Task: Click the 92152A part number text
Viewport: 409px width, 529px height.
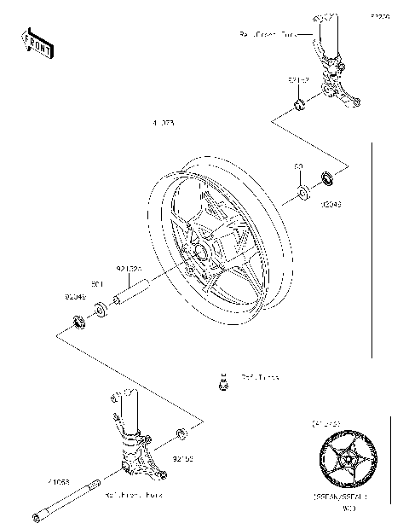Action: click(x=127, y=268)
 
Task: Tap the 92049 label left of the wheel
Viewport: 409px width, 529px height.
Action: click(x=76, y=296)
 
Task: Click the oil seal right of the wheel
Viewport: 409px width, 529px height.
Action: click(x=327, y=180)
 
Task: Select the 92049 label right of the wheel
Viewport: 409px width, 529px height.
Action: click(x=331, y=204)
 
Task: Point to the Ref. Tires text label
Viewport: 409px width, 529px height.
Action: click(x=259, y=375)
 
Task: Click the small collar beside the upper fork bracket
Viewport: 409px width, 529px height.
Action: click(x=299, y=105)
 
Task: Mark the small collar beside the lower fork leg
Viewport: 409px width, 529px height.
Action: click(x=181, y=436)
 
